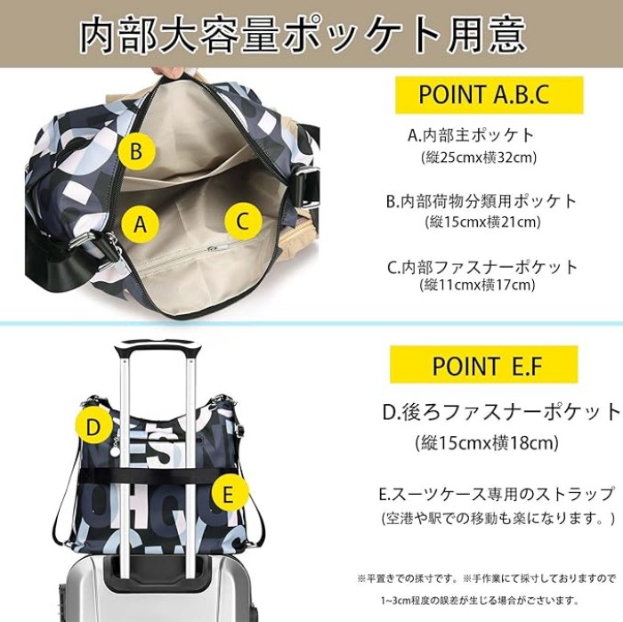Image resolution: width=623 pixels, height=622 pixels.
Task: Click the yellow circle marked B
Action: coord(137,151)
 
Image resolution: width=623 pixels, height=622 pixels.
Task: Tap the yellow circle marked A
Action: coord(140,223)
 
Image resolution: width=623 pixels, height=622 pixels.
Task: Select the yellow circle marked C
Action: coord(243,221)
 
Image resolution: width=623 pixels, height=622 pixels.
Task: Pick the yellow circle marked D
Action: coord(93,427)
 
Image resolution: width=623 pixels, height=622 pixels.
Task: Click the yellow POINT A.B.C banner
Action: coord(489,95)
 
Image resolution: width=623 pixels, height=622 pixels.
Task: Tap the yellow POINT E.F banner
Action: coord(483,365)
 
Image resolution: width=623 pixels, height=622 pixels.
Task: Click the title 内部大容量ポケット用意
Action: coord(304,35)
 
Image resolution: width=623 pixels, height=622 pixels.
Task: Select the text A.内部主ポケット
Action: coord(471,135)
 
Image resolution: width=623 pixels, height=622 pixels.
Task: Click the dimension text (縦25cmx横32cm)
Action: coord(479,158)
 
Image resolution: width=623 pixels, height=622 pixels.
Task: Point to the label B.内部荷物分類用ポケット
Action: coord(481,201)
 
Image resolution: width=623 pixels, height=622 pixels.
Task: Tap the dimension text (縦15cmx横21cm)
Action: coord(482,222)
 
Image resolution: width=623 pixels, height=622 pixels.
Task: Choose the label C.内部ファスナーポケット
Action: coord(482,267)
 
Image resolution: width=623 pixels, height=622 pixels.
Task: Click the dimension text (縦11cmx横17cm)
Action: coord(477,285)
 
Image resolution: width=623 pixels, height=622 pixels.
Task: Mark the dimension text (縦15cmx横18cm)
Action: coord(487,442)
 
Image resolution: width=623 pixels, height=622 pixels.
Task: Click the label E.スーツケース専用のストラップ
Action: coord(497,495)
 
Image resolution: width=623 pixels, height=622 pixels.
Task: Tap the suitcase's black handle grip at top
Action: coord(158,350)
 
